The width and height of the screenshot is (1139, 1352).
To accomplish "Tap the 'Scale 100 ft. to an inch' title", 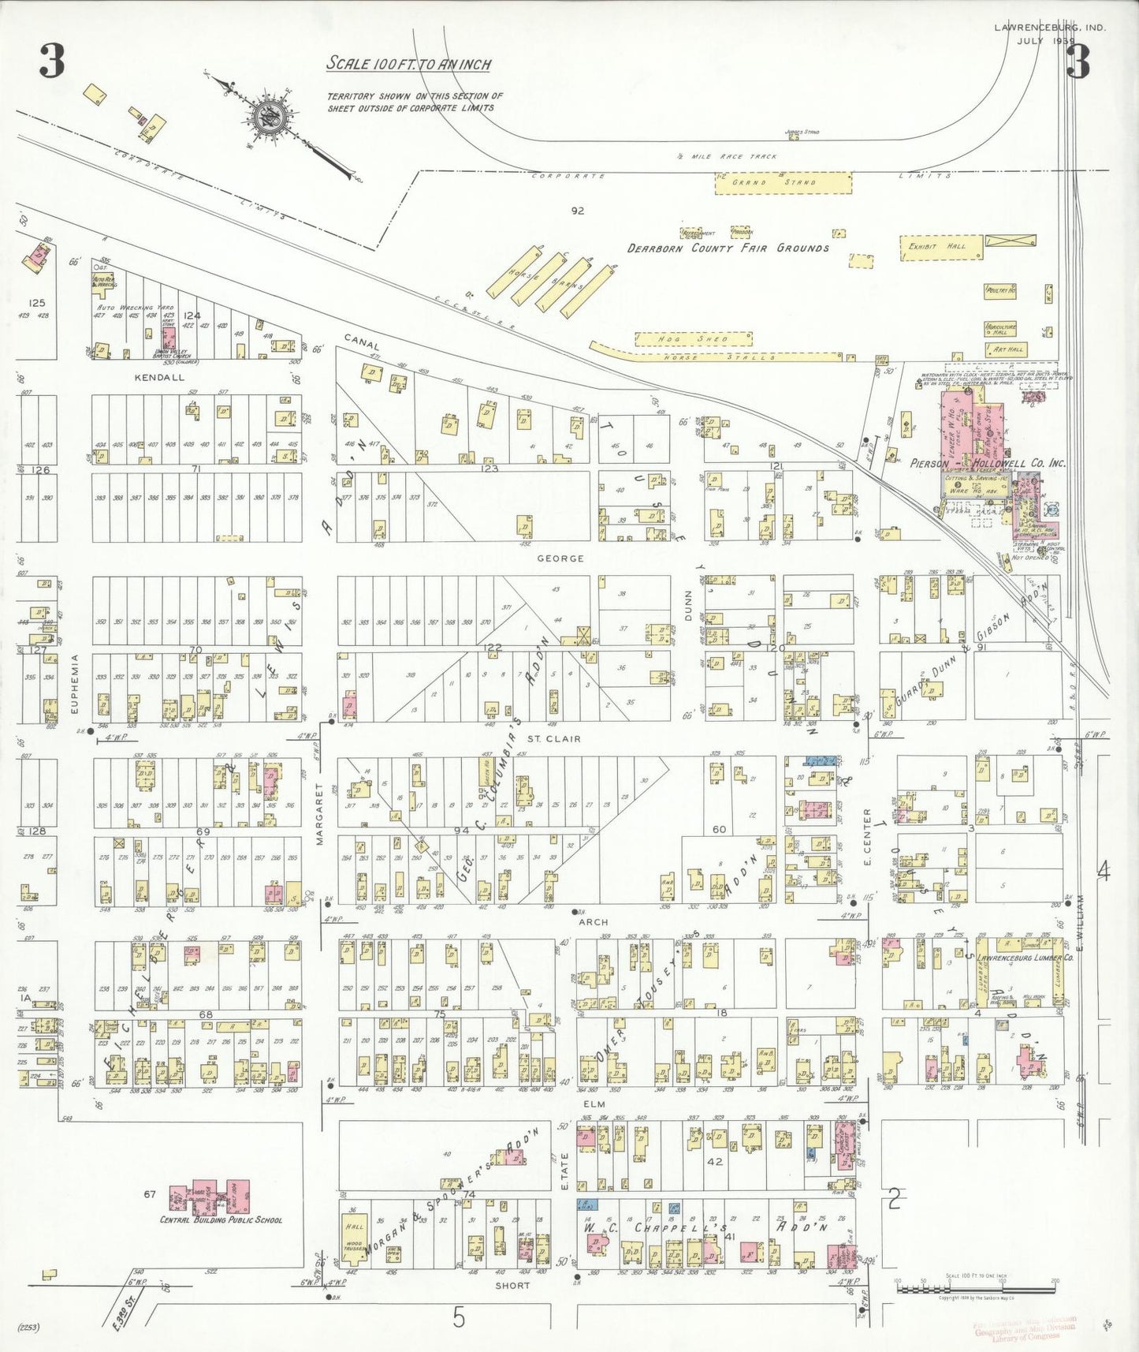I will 409,64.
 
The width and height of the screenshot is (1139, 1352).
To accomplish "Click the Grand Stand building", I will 783,182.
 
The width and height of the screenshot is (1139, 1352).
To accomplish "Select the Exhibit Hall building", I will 941,247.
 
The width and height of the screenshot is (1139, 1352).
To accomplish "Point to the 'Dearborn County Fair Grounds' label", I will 728,248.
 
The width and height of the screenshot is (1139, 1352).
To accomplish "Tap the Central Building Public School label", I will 221,1219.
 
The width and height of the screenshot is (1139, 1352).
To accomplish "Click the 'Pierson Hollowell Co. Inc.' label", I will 988,463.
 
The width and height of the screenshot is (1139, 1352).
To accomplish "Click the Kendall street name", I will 159,377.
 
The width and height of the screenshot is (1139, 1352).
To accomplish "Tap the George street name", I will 560,558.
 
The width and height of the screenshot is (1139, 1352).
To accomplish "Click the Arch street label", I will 593,921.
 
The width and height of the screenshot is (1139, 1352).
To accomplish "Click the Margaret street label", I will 320,814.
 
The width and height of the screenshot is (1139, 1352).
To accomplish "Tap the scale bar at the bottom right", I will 976,1288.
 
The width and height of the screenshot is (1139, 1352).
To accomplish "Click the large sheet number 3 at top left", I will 52,62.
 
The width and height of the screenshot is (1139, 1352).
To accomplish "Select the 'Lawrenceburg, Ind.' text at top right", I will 1049,27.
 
